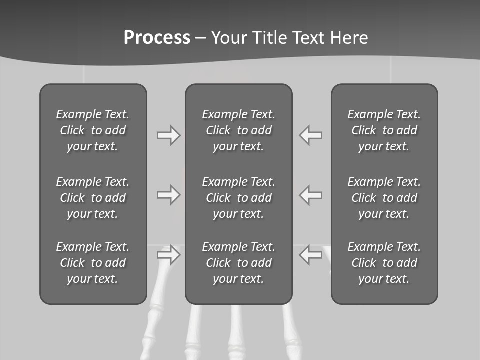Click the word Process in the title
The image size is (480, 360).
pos(157,38)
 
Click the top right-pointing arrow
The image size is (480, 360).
pos(168,135)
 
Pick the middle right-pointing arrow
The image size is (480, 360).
pos(168,195)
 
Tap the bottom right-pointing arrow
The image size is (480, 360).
pos(168,255)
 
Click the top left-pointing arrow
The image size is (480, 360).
pos(311,135)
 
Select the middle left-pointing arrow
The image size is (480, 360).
pos(311,195)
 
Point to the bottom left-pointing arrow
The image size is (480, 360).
pos(311,255)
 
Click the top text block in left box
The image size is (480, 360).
pos(93,130)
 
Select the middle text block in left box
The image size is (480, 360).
pos(93,198)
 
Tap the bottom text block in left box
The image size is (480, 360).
pos(93,263)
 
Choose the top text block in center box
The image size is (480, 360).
pos(238,130)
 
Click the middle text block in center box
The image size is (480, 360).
pos(238,198)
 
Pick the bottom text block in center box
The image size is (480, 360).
pos(238,263)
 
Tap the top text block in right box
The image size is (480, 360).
pos(384,130)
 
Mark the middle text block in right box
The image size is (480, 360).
pos(384,198)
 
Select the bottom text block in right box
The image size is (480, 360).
pos(384,263)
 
